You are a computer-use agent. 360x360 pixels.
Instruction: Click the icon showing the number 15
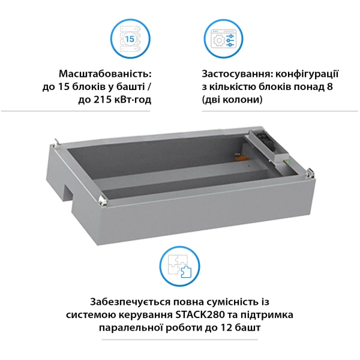pos(130,39)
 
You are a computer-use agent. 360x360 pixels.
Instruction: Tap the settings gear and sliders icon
pos(220,39)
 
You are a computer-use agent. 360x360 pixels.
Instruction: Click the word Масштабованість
pos(105,73)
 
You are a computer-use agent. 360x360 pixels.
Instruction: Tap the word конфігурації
pos(307,73)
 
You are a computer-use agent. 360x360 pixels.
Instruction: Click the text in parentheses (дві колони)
pos(232,100)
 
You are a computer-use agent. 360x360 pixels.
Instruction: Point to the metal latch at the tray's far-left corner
pos(56,142)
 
